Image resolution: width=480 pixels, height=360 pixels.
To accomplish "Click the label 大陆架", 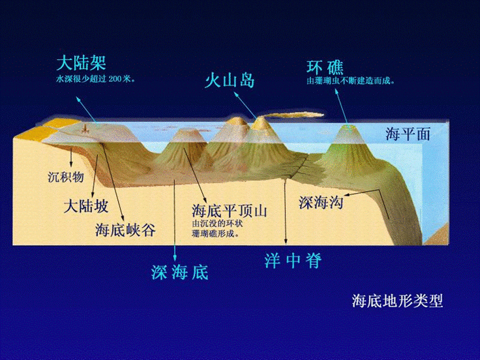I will click(x=82, y=64).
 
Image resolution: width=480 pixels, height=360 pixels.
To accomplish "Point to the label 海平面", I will click(x=408, y=134).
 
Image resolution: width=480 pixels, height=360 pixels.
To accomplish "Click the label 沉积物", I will click(x=67, y=177).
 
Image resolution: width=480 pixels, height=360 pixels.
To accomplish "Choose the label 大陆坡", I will click(x=85, y=207).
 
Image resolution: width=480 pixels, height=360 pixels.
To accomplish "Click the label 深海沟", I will click(x=320, y=203).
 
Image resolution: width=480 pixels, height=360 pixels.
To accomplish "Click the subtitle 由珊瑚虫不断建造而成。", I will click(x=353, y=82).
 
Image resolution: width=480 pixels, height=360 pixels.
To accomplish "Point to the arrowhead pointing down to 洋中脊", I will click(x=286, y=242).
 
